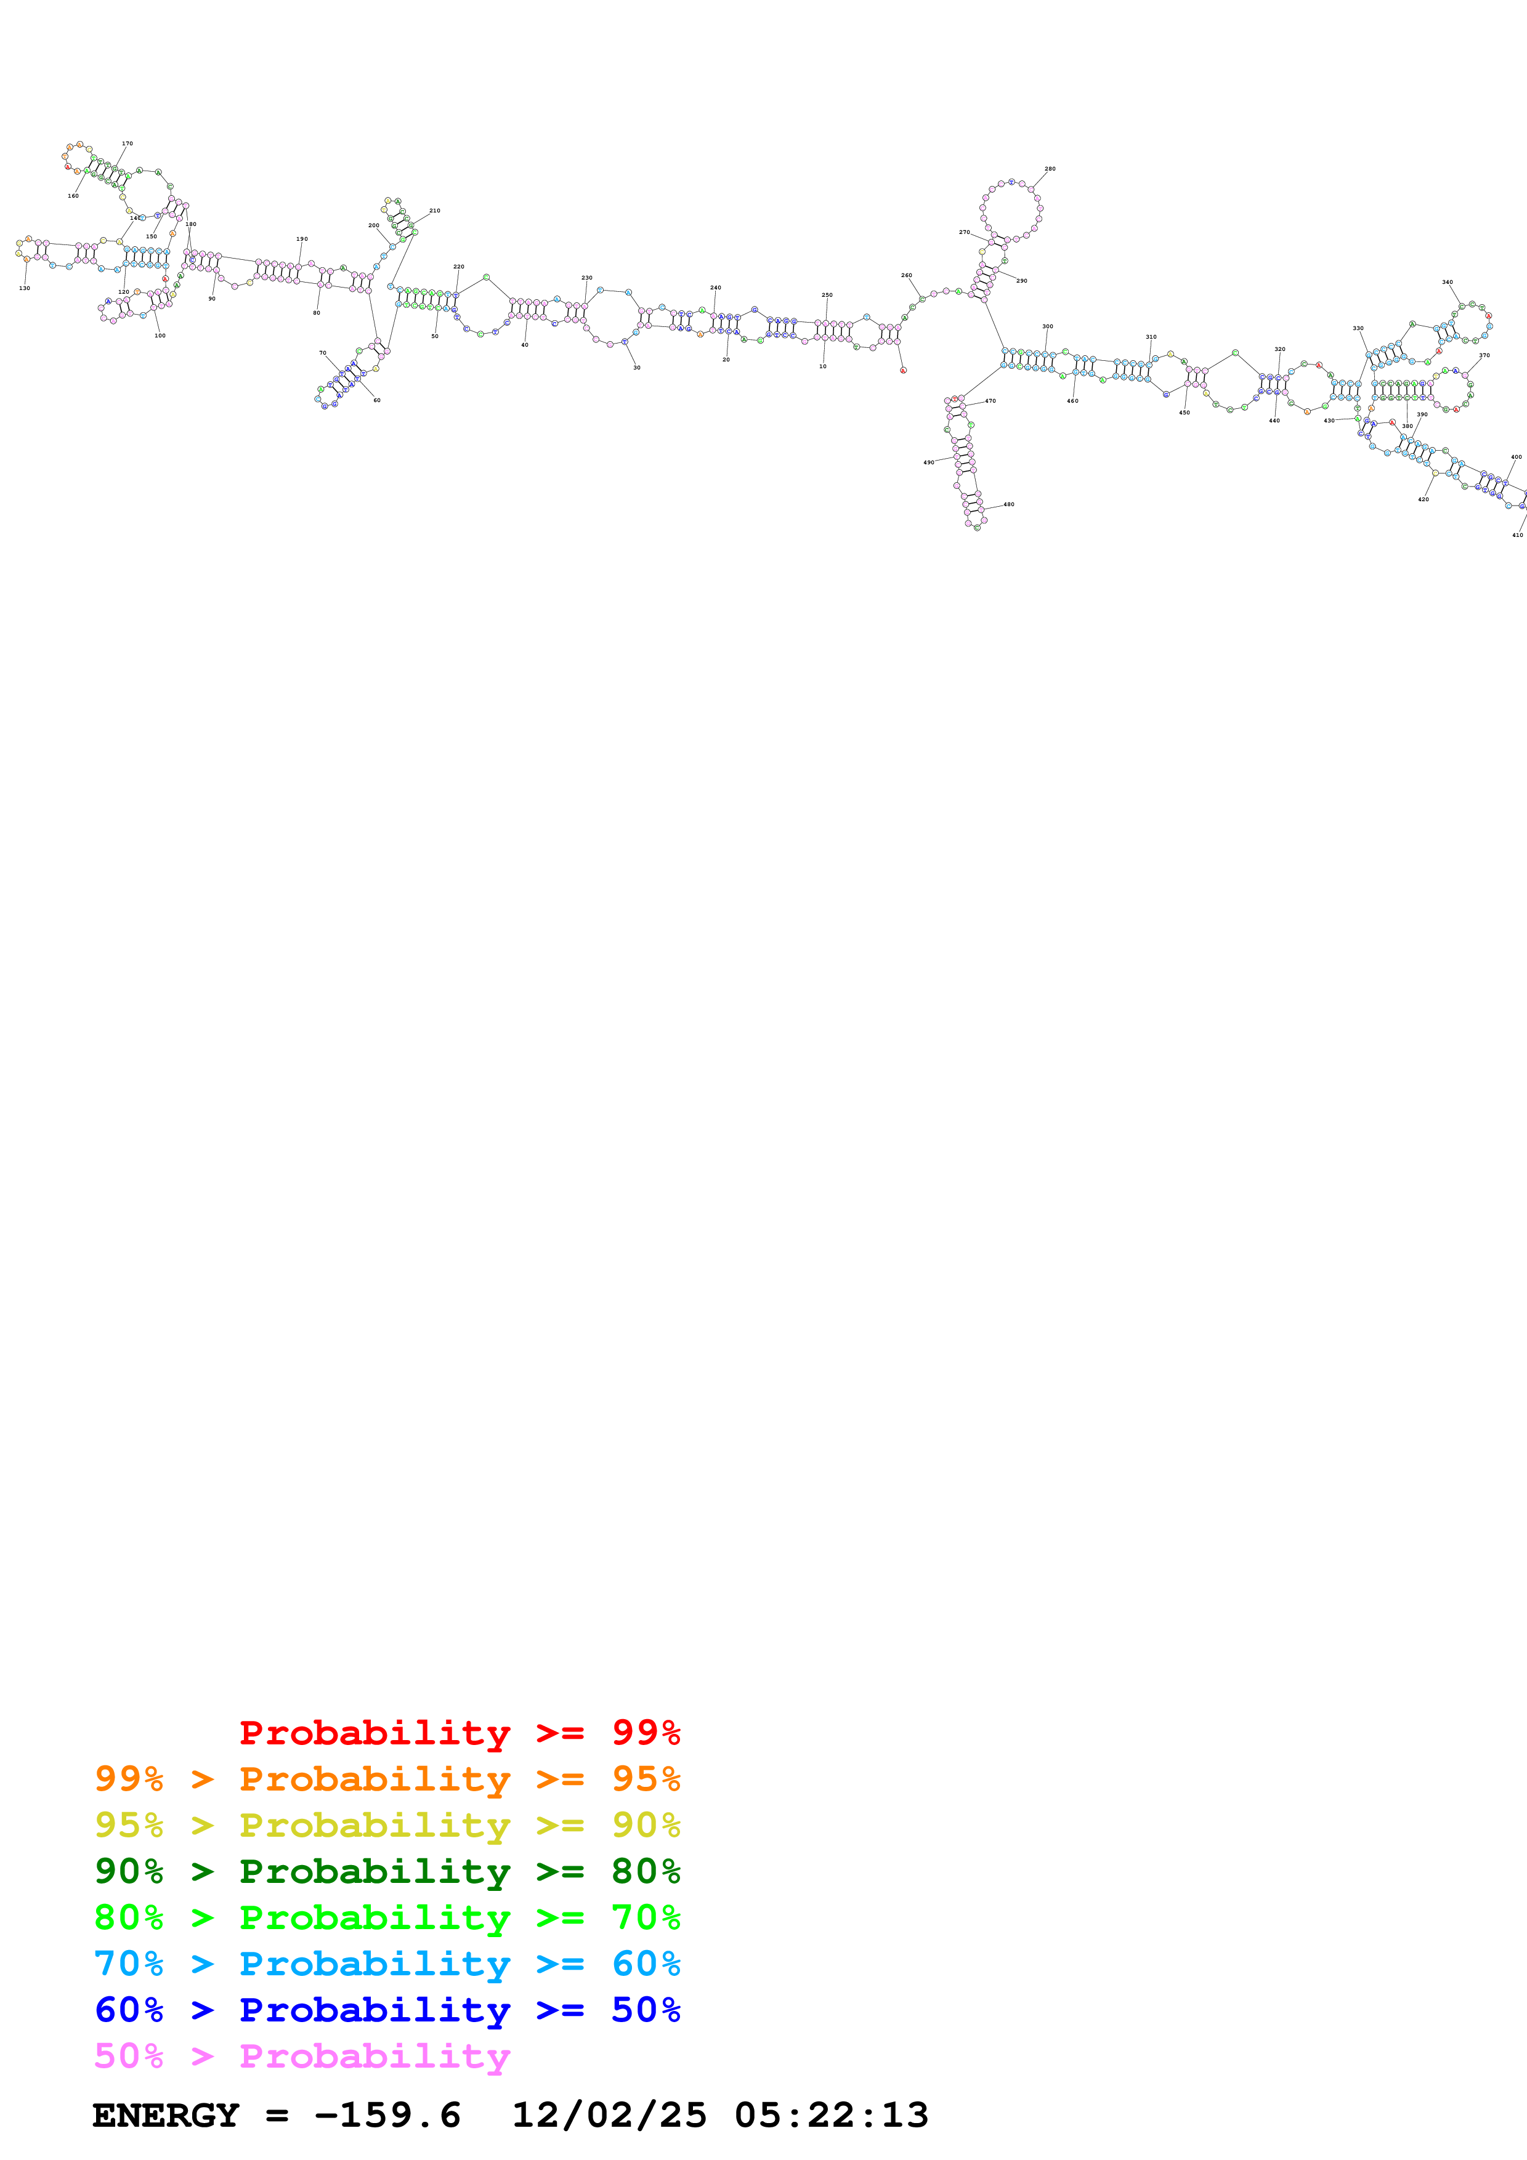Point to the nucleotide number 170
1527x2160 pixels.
pyautogui.click(x=127, y=144)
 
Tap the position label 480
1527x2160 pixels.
pyautogui.click(x=1008, y=504)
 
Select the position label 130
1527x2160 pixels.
pyautogui.click(x=25, y=288)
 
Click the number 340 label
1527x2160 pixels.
pyautogui.click(x=1447, y=282)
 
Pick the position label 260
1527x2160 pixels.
pyautogui.click(x=906, y=276)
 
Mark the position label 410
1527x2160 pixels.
pyautogui.click(x=1517, y=535)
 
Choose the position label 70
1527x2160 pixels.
pyautogui.click(x=323, y=353)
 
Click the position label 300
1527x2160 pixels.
pyautogui.click(x=1047, y=326)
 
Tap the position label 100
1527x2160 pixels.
pyautogui.click(x=160, y=336)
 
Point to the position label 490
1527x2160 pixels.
pyautogui.click(x=929, y=463)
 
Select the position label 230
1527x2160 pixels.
pyautogui.click(x=587, y=278)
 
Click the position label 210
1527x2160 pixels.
pyautogui.click(x=435, y=211)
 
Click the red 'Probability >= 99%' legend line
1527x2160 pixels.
pyautogui.click(x=459, y=1733)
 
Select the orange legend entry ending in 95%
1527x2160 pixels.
pyautogui.click(x=387, y=1779)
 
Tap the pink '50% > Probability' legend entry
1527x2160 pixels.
pyautogui.click(x=302, y=2055)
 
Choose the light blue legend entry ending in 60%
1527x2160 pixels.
pyautogui.click(x=387, y=1964)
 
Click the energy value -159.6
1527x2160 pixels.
pyautogui.click(x=387, y=2116)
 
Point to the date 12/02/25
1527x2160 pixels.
pyautogui.click(x=609, y=2116)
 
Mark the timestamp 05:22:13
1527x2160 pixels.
pyautogui.click(x=831, y=2116)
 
